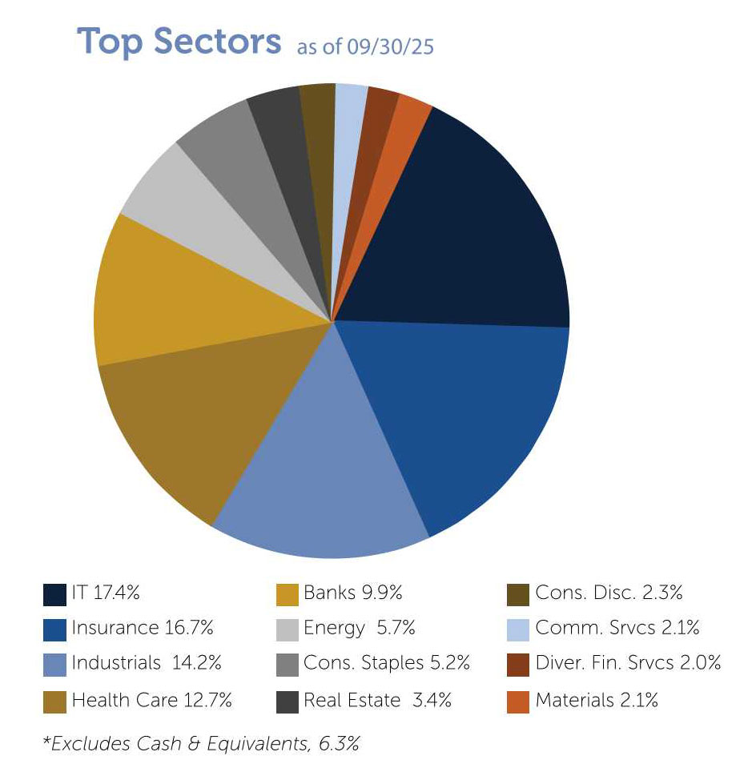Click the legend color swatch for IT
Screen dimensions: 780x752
click(54, 594)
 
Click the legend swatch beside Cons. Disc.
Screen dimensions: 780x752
click(518, 594)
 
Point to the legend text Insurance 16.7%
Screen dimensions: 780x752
click(143, 628)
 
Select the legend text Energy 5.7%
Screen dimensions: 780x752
click(359, 628)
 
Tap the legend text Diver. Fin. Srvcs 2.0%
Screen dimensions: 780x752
click(628, 663)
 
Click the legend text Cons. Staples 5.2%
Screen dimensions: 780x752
click(386, 663)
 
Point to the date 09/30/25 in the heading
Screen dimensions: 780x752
click(390, 47)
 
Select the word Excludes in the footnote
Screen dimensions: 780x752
click(79, 744)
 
